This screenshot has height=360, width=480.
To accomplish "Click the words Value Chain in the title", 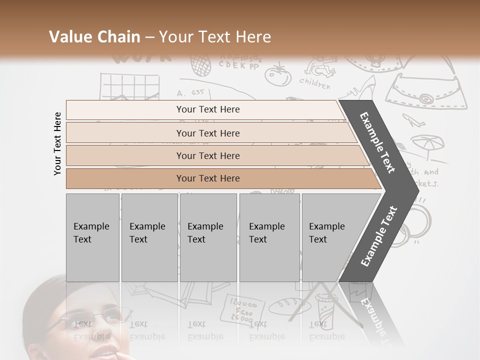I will pos(94,37).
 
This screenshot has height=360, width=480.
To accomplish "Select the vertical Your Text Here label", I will pos(57,143).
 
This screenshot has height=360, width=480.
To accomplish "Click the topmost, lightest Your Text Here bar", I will pos(207,109).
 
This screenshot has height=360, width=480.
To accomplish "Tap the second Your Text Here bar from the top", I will pos(207,133).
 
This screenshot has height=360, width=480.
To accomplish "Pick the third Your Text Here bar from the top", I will pos(207,155).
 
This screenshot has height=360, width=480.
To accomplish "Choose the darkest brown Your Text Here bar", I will pos(207,178).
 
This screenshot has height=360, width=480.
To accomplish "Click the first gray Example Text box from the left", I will pos(92,237).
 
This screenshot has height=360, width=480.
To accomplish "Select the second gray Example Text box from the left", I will pos(149,237).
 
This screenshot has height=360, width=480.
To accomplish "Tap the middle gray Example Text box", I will pos(208,237).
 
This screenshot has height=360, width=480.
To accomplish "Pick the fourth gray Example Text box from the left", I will pos(269,237).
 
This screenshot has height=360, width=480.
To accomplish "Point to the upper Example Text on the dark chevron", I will pos(378,142).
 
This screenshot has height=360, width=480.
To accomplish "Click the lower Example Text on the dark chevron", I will pos(378,236).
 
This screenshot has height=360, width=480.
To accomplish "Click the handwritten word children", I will pos(315,83).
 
